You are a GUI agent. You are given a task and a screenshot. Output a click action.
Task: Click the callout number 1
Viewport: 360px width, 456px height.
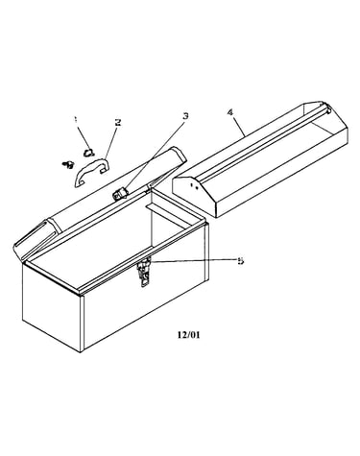76,120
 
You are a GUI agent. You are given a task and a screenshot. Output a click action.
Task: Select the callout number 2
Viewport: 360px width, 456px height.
118,122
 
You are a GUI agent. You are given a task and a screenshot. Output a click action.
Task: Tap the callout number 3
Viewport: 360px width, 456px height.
185,115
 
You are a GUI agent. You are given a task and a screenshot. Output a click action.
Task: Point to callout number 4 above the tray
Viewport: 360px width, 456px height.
230,112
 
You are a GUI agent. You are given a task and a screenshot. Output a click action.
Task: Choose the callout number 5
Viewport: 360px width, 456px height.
240,261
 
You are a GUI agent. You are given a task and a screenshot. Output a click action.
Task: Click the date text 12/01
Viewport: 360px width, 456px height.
189,335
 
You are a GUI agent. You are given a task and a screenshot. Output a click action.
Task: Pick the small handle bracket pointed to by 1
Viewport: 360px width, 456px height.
88,153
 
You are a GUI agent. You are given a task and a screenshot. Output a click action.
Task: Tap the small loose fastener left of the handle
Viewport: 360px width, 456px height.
68,164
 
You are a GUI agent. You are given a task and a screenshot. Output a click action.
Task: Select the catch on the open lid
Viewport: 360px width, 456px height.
120,194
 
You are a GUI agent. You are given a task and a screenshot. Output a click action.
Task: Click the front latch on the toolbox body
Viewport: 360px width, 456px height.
143,272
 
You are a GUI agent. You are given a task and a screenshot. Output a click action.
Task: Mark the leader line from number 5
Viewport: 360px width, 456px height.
193,261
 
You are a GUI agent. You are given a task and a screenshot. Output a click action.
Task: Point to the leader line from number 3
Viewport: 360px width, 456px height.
154,156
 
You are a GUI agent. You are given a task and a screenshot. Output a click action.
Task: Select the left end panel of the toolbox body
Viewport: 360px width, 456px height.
51,304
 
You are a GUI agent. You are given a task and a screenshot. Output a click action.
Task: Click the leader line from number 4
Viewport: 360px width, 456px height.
238,127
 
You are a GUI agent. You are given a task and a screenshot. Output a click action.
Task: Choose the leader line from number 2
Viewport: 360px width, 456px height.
110,142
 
